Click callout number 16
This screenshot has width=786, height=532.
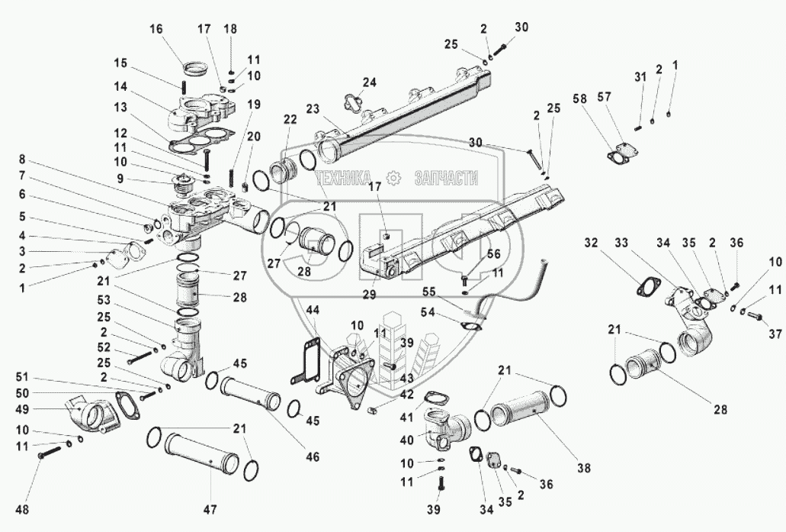coord(156,29)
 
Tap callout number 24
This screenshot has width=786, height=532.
coord(369,82)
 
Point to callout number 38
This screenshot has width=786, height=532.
coord(584,466)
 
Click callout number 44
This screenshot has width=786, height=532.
coord(313,310)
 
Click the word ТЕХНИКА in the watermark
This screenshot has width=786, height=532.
coord(347,178)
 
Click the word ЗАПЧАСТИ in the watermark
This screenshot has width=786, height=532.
coord(446,178)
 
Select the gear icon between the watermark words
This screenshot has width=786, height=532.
coord(394,178)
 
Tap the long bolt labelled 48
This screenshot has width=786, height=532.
coord(50,455)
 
